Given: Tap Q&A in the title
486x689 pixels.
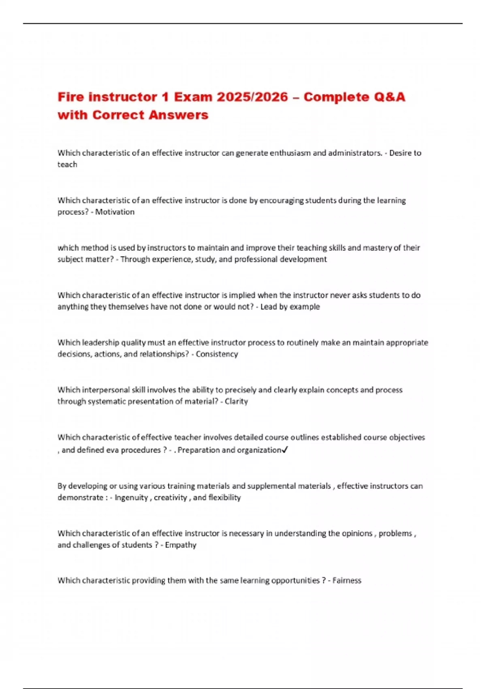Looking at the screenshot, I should [x=390, y=97].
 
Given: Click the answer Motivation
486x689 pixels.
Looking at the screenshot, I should [x=115, y=212].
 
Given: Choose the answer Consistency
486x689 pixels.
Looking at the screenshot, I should [x=217, y=354].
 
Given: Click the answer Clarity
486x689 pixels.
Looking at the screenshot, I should [x=236, y=402].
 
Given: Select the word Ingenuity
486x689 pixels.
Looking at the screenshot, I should [x=131, y=498].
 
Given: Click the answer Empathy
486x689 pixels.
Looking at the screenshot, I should [x=181, y=545].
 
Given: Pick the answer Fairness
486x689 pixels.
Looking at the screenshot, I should [x=347, y=581].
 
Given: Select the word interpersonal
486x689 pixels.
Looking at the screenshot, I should [x=107, y=390].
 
